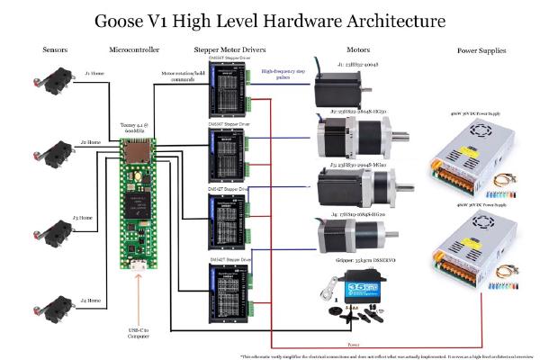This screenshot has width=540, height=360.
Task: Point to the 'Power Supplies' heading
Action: click(481, 51)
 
